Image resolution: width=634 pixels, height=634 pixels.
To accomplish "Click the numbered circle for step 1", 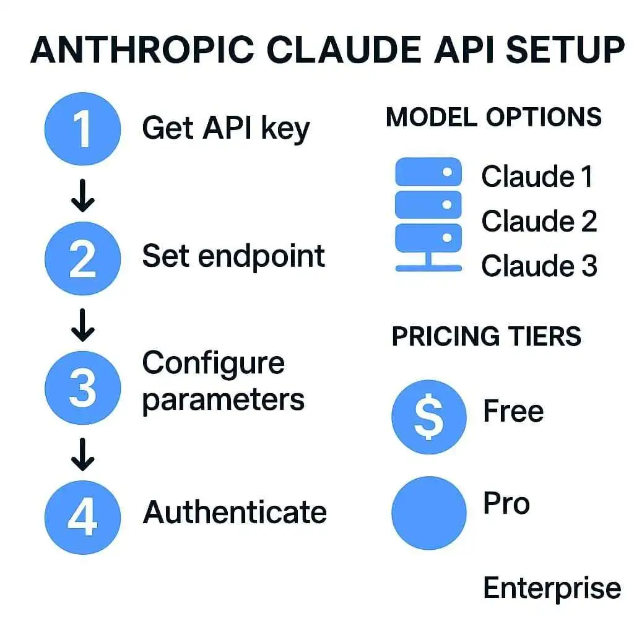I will [x=82, y=129].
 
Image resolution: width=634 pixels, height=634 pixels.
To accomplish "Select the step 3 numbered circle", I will [x=82, y=388].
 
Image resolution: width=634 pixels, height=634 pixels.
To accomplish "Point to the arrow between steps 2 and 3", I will [x=82, y=326].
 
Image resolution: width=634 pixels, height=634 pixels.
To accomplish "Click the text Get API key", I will [x=225, y=129].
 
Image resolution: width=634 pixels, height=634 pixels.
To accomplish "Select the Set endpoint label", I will [x=233, y=256].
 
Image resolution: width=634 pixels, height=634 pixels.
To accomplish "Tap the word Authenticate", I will [x=235, y=512].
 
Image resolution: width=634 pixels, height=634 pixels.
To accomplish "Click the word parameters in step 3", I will [x=223, y=400].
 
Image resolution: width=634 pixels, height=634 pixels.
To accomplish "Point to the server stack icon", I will [x=428, y=214].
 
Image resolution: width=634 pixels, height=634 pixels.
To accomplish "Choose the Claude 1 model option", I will [x=537, y=176].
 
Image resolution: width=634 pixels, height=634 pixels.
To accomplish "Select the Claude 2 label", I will [x=539, y=221].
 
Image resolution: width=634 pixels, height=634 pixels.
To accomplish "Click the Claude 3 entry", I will [x=539, y=266].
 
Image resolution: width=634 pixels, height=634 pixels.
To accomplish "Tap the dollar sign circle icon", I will [x=428, y=416].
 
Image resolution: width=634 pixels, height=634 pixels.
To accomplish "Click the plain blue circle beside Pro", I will [x=428, y=513].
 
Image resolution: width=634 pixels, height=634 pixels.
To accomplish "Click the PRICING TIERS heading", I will [x=487, y=336].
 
